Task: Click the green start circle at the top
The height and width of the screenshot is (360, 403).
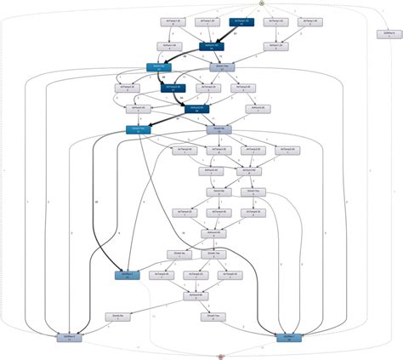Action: click(x=262, y=3)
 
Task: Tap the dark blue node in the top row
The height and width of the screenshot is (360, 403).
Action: click(x=241, y=22)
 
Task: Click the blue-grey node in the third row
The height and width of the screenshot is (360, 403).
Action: click(x=221, y=66)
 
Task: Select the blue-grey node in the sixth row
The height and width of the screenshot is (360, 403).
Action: click(x=218, y=129)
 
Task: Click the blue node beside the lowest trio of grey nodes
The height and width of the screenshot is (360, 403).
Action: click(x=127, y=275)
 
